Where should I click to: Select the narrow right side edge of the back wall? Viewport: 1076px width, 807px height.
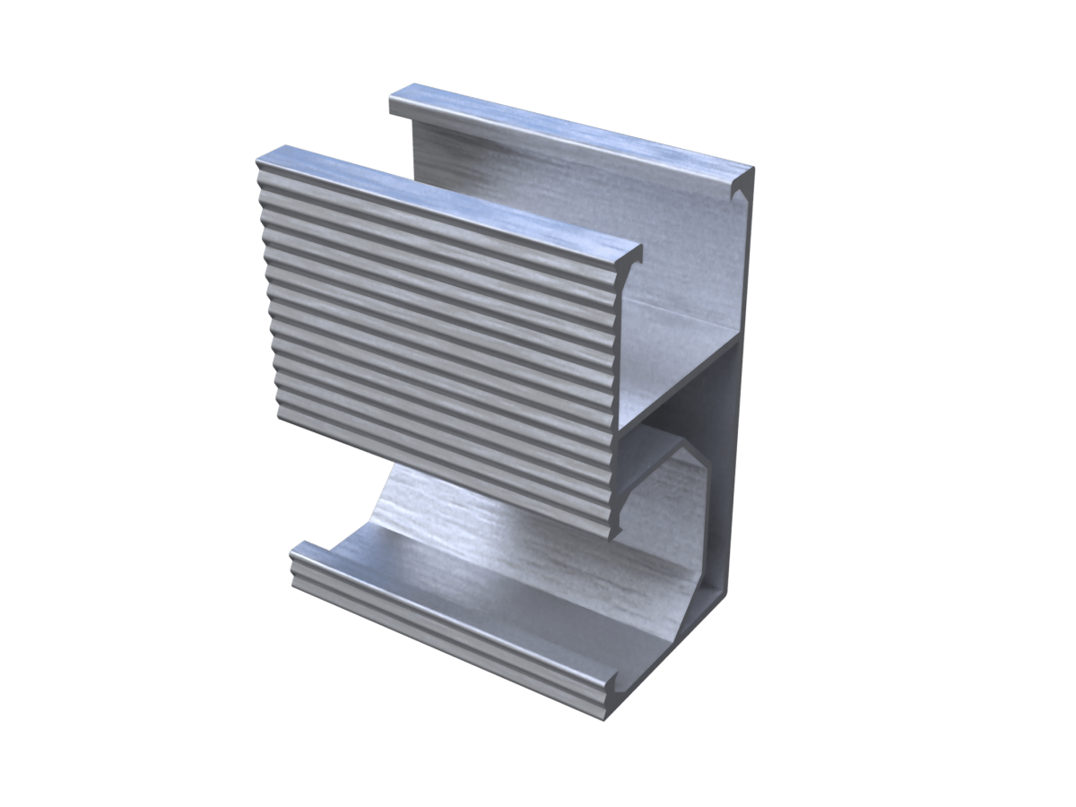(x=741, y=403)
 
